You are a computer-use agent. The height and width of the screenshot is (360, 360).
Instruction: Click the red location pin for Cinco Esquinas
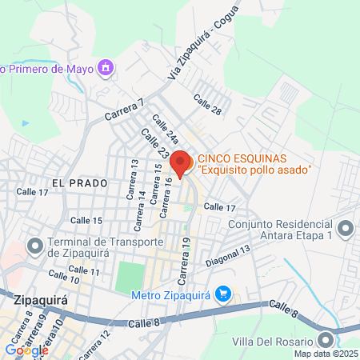pyautogui.click(x=182, y=163)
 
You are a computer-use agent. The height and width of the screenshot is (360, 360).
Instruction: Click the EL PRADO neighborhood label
pyautogui.click(x=78, y=182)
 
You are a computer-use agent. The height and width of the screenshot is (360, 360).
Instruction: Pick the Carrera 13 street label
pyautogui.click(x=133, y=177)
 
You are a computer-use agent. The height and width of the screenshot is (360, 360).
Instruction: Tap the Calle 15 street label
pyautogui.click(x=86, y=220)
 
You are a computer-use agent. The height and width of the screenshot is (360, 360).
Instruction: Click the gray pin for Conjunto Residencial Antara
pyautogui.click(x=346, y=230)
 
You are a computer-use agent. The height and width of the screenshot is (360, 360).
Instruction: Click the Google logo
pyautogui.click(x=26, y=350)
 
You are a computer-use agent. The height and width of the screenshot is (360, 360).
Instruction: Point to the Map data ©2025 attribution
pyautogui.click(x=326, y=354)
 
